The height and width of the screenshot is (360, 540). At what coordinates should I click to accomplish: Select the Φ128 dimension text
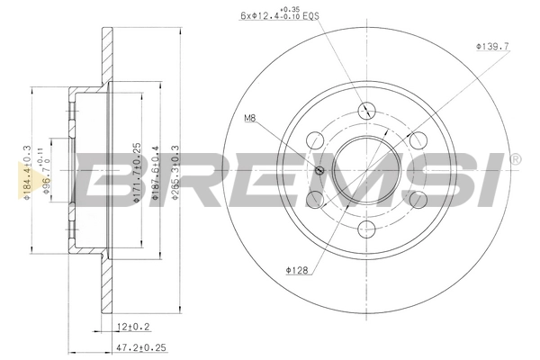tap(298, 268)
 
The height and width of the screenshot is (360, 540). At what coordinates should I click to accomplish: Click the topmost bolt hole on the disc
tap(366, 111)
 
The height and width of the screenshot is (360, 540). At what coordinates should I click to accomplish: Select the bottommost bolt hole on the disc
tap(366, 229)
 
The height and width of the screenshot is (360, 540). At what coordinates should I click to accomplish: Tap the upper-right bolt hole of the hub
tap(418, 140)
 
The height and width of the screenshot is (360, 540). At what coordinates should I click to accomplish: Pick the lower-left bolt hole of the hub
tap(315, 200)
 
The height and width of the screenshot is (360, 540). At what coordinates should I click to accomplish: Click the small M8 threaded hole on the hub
tap(319, 172)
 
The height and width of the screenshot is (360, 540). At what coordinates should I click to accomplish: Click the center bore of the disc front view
tap(366, 170)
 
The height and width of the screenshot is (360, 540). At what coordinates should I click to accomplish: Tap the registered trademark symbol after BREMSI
tap(515, 159)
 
